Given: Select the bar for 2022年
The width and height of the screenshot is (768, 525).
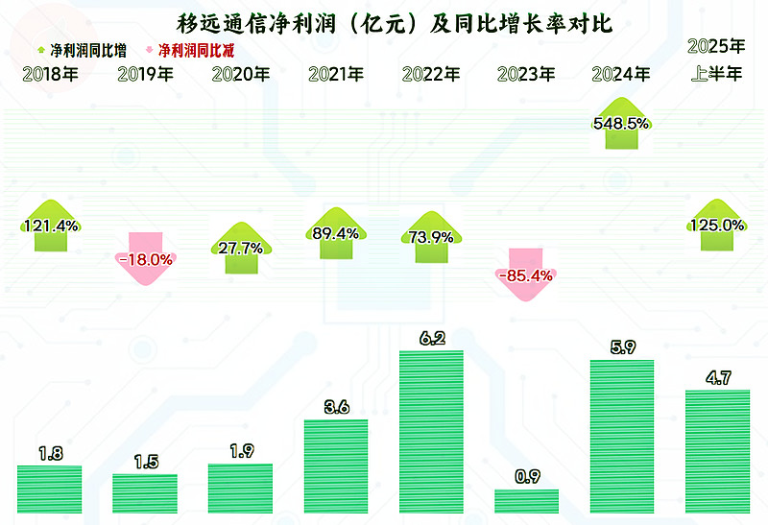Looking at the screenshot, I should tap(431, 432).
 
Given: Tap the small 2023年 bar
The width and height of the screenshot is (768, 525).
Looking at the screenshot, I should tap(526, 500).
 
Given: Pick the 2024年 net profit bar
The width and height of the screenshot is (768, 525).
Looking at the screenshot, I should tap(621, 437).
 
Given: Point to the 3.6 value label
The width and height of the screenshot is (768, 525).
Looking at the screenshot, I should tap(336, 407).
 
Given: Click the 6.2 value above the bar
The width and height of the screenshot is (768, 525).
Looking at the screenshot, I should tap(431, 338).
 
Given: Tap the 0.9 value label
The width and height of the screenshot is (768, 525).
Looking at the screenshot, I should tap(526, 476).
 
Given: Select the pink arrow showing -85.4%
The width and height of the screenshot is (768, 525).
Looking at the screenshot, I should tap(526, 274).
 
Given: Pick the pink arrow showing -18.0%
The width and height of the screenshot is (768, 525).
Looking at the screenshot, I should tap(146, 257).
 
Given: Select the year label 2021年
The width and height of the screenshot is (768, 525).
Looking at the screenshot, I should tap(336, 74).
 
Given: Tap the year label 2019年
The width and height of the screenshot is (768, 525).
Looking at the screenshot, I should tap(146, 74).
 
